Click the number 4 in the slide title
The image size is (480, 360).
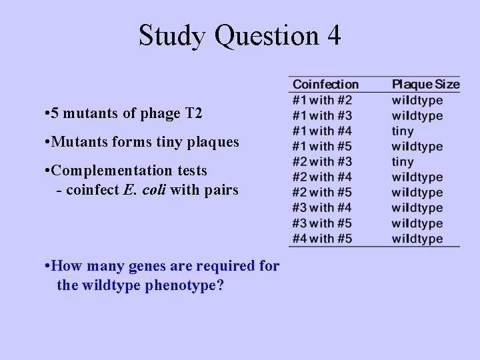333,35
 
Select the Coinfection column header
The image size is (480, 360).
325,85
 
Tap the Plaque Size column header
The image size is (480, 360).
425,85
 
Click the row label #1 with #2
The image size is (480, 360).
322,100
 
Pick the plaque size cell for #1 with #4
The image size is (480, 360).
403,131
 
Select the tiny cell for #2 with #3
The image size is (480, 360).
403,162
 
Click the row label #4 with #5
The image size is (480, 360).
322,239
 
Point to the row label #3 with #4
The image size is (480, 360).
322,208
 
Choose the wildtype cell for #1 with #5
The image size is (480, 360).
417,147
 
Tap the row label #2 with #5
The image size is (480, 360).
322,193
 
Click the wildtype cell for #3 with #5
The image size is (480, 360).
417,223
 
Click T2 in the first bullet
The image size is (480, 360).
193,113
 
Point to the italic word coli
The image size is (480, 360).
154,190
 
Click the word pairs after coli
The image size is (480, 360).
222,191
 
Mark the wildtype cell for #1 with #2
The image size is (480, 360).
417,101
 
